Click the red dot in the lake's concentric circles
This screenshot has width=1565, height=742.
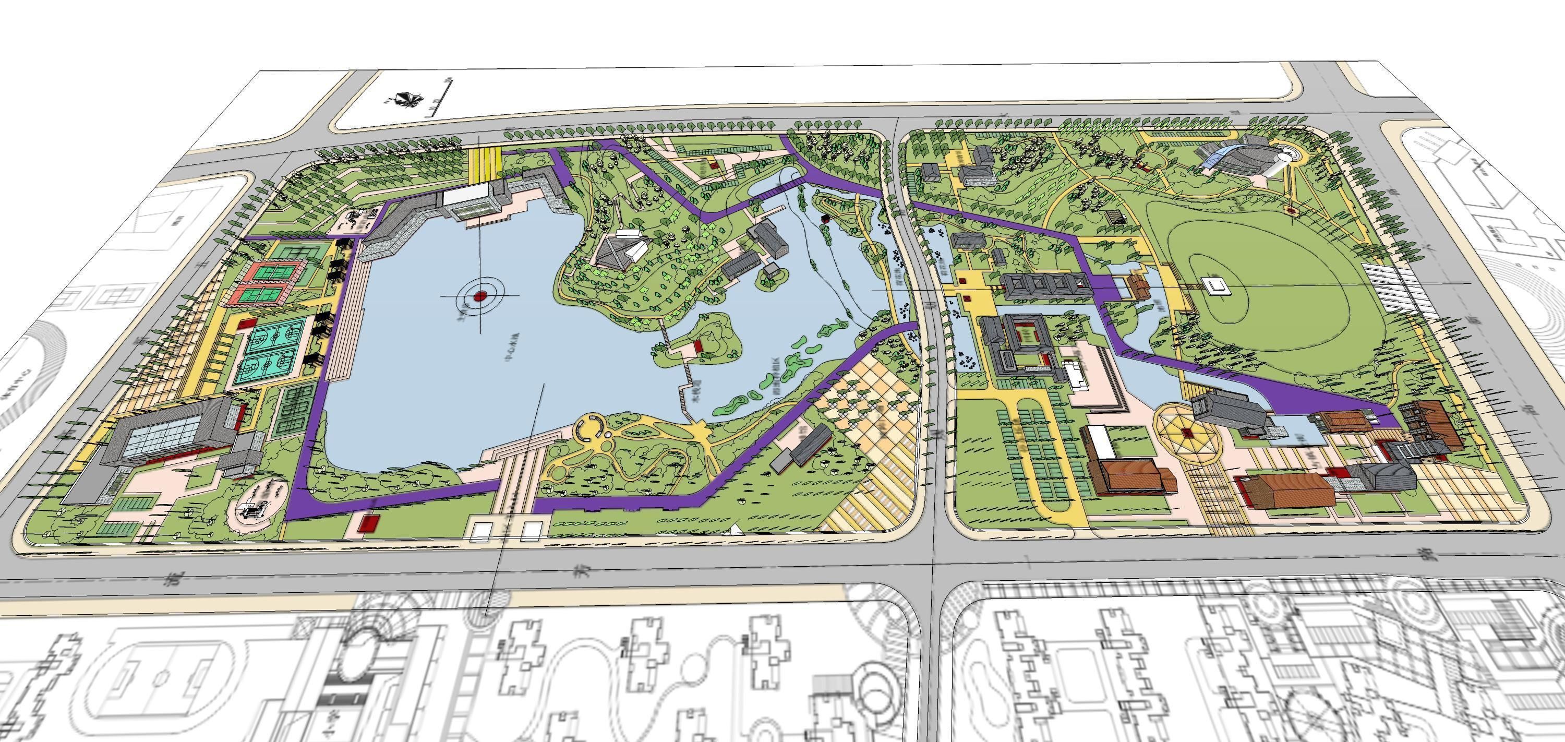pyautogui.click(x=480, y=296)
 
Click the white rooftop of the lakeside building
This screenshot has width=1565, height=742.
pyautogui.click(x=465, y=195)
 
